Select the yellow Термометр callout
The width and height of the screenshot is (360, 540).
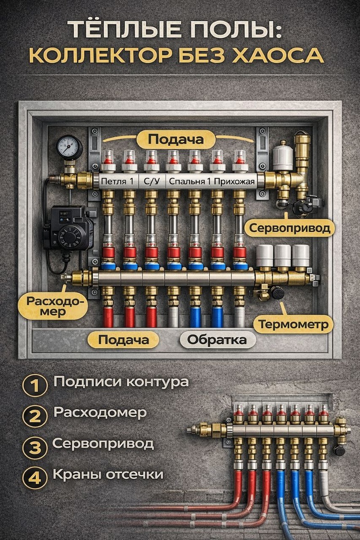pos(293,324)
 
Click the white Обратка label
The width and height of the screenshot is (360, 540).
pos(217,340)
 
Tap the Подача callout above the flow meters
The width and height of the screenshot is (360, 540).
pos(175,140)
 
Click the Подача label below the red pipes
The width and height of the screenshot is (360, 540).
pos(124,340)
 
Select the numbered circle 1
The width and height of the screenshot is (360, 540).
pos(35,386)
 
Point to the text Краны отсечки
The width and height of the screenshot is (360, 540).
pos(108,474)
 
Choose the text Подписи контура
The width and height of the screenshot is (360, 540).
pos(121,382)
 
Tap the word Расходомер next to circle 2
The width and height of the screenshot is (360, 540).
pos(100,413)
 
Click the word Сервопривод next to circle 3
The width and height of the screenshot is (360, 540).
pos(103,443)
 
